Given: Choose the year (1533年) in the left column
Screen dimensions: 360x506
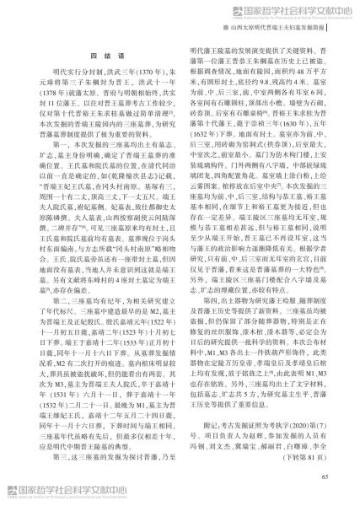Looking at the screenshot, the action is pyautogui.click(x=122, y=362).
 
